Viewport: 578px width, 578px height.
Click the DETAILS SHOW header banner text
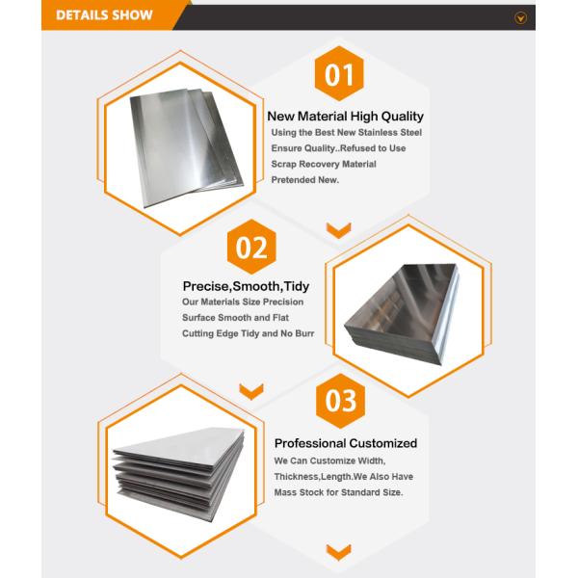click(x=104, y=15)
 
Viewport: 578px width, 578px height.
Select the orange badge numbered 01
click(x=339, y=74)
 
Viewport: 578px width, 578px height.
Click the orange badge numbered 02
click(x=251, y=248)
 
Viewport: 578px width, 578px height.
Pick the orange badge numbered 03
click(x=340, y=401)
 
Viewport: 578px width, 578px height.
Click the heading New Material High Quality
click(x=345, y=116)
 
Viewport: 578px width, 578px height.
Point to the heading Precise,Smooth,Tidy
click(x=246, y=286)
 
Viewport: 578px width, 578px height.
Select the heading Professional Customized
click(x=346, y=443)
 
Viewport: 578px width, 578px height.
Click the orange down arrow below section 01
click(x=338, y=229)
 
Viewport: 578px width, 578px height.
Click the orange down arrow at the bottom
click(x=338, y=552)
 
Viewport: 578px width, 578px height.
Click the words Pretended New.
click(x=305, y=180)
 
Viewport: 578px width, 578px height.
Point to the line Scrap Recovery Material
click(x=324, y=164)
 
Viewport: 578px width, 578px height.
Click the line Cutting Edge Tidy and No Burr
click(x=249, y=333)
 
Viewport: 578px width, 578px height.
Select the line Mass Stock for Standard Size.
click(x=338, y=492)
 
